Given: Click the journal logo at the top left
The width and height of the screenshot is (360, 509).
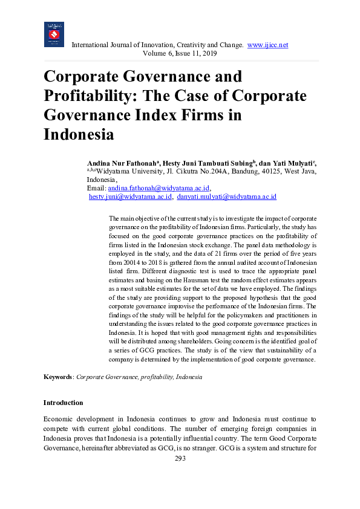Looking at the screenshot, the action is coord(54,34).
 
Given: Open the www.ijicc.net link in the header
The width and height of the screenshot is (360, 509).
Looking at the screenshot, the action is coord(267,45).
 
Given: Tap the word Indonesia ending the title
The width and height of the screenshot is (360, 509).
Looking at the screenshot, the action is coord(79,134).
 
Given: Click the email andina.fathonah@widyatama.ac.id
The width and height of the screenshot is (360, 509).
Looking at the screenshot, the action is coord(159,188).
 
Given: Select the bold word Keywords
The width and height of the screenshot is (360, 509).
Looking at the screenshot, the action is coord(57,377).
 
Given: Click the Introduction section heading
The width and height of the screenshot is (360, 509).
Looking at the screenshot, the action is coord(63,403).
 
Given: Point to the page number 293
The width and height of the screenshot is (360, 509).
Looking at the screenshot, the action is coord(180,458).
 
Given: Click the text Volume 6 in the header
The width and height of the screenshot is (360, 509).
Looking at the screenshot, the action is coord(156,53).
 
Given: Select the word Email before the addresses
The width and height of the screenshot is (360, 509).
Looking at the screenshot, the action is coord(96,188).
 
